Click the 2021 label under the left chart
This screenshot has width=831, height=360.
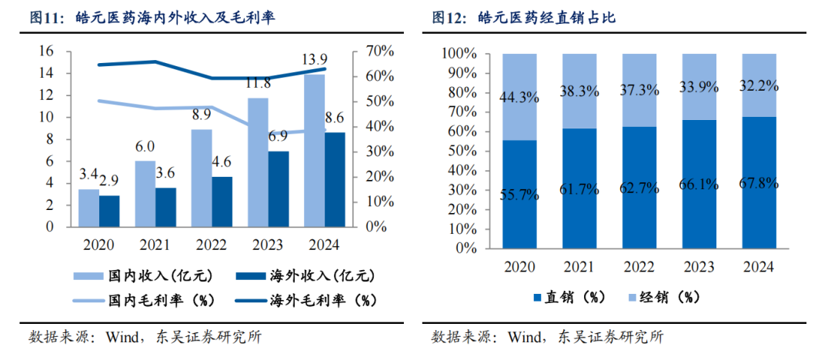click(x=155, y=245)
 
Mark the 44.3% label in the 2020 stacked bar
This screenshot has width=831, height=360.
click(x=519, y=98)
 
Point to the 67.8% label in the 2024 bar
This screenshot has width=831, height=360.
click(x=759, y=184)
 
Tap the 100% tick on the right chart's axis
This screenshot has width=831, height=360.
click(x=460, y=54)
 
